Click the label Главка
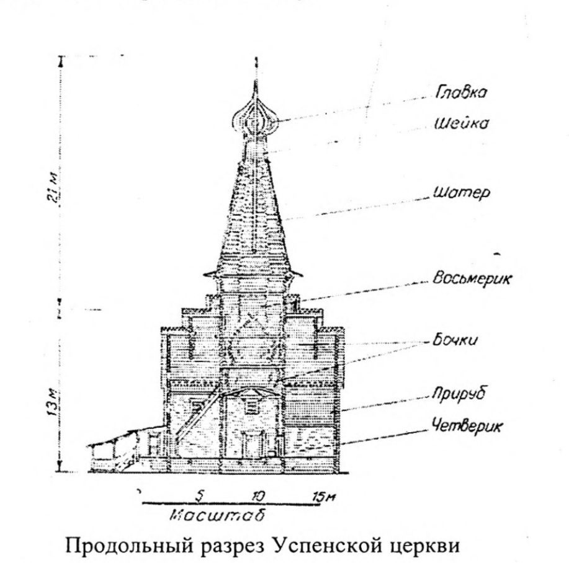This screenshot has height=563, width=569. (461, 93)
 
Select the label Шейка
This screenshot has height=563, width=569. (462, 123)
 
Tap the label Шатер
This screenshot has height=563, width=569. (462, 193)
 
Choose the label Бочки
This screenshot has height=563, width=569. (455, 340)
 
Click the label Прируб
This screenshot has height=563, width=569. (459, 394)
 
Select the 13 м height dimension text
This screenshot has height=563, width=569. (53, 403)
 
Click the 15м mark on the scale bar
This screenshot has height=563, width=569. (324, 497)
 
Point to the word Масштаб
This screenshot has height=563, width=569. (217, 515)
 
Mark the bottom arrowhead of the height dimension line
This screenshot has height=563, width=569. (61, 468)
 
